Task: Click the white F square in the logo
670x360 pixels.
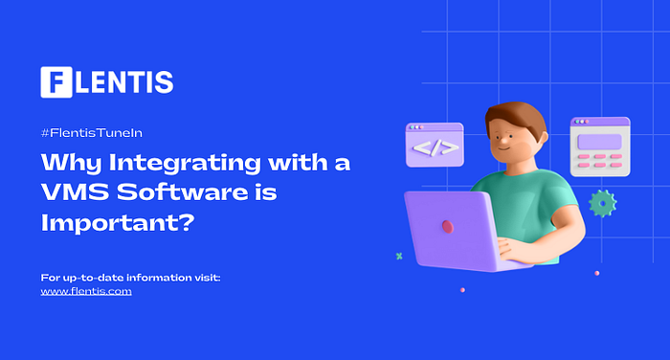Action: (x=56, y=82)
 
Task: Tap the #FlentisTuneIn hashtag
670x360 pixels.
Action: (x=92, y=133)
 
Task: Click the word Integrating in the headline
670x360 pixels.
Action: (x=185, y=164)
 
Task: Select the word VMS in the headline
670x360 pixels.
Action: (x=75, y=191)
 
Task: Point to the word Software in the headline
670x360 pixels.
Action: (x=183, y=191)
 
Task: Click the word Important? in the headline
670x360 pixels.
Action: (x=118, y=223)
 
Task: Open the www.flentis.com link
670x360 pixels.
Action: (x=86, y=292)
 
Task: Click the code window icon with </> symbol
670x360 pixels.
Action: (x=435, y=145)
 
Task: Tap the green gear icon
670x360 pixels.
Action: (x=602, y=204)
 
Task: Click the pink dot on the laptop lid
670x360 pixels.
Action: (x=447, y=227)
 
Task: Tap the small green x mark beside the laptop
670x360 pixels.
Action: (x=399, y=256)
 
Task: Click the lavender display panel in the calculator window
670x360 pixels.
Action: (x=599, y=142)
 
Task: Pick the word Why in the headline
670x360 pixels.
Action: (x=71, y=164)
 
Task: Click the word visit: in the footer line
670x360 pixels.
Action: (x=208, y=278)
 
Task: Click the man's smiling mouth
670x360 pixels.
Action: (x=502, y=148)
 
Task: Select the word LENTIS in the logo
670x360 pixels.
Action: (x=124, y=82)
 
